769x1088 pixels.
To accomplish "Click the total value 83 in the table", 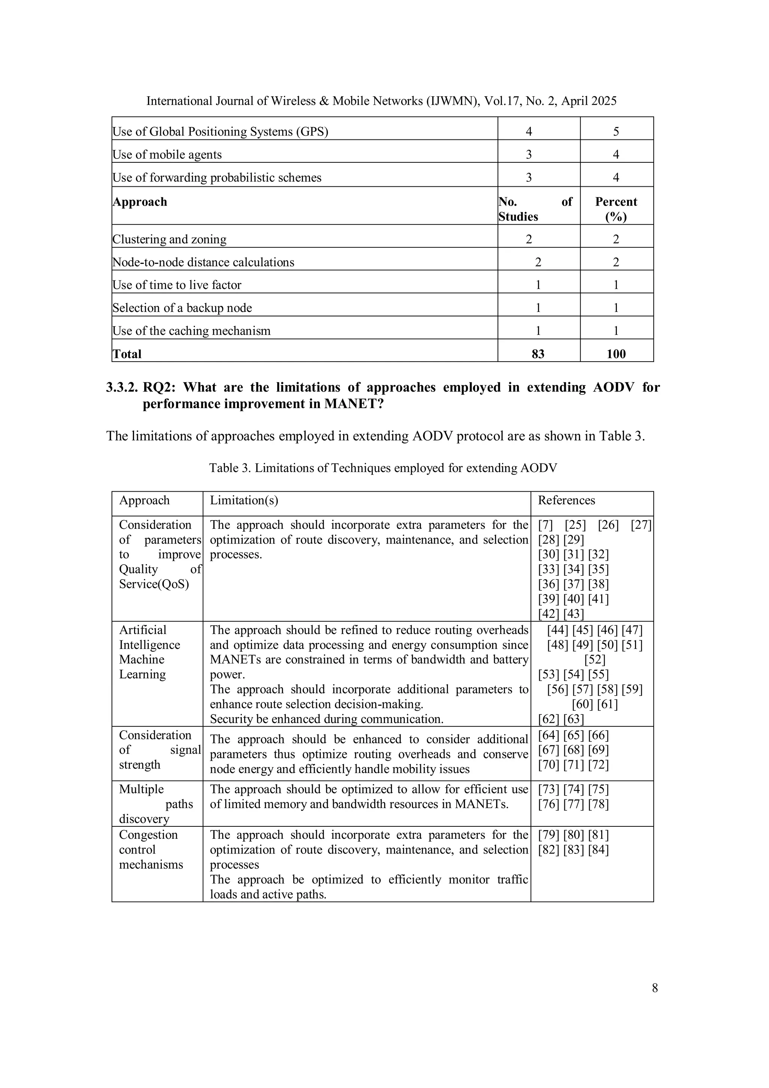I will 538,354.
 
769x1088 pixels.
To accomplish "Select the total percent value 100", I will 616,354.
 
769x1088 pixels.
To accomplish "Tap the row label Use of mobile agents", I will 167,154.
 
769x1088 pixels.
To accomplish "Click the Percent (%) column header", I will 616,209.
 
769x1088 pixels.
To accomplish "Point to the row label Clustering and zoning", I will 169,239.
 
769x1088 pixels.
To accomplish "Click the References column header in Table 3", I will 566,500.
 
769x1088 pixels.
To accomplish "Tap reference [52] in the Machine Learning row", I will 595,660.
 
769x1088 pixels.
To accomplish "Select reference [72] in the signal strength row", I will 598,764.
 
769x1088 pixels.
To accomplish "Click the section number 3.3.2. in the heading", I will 122,387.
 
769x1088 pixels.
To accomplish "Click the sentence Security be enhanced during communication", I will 327,719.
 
